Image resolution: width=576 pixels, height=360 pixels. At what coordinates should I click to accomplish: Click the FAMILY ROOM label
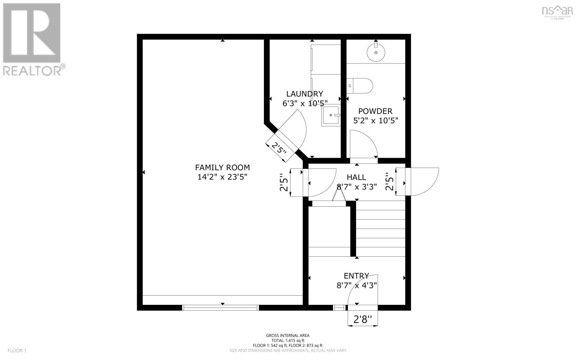tap(222, 167)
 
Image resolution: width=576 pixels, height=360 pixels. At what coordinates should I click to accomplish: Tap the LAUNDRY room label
tap(305, 94)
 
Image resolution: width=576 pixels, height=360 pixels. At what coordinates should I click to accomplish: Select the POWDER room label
tap(375, 111)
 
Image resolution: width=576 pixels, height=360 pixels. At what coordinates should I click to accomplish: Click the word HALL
tap(356, 177)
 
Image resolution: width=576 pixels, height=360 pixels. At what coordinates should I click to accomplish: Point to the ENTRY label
tap(356, 276)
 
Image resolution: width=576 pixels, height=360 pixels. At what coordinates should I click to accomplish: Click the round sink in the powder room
tap(376, 52)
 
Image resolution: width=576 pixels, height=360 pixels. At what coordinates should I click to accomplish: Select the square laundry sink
tap(331, 115)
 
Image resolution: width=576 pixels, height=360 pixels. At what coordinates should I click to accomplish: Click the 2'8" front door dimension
tap(363, 319)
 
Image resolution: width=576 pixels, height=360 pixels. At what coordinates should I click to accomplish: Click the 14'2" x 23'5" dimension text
tap(222, 177)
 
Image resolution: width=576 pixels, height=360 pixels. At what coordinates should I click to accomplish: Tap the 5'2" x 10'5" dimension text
tap(375, 121)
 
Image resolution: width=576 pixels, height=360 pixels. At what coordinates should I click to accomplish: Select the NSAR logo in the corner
tap(557, 11)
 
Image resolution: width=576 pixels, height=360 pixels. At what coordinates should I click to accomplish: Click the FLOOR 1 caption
tap(17, 350)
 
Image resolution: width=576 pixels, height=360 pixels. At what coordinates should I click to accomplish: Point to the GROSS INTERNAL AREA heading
tap(288, 336)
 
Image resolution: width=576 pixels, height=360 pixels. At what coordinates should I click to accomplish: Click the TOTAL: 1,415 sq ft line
tap(288, 340)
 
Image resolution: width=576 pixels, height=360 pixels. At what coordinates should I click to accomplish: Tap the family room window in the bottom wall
tap(220, 307)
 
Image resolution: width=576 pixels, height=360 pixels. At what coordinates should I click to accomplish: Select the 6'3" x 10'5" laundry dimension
tap(305, 103)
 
